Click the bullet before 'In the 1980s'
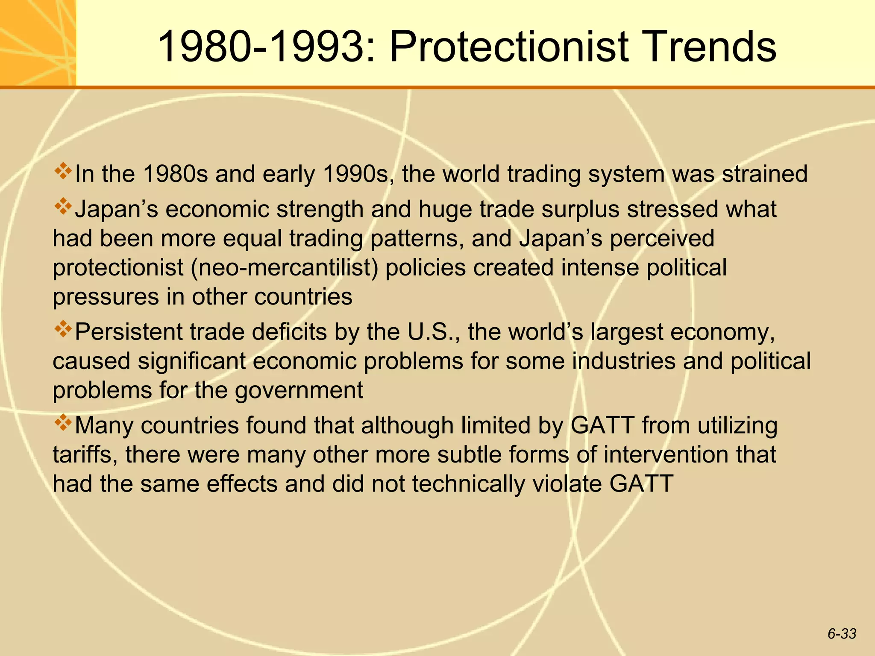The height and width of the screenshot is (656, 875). (x=63, y=171)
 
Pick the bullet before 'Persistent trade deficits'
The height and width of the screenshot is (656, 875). (x=63, y=329)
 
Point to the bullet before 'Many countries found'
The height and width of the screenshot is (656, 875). (x=63, y=422)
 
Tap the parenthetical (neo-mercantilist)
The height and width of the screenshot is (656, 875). (x=285, y=268)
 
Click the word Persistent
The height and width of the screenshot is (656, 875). (x=129, y=332)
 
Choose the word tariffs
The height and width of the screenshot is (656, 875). (x=85, y=454)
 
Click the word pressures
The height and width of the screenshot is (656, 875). (x=106, y=297)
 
